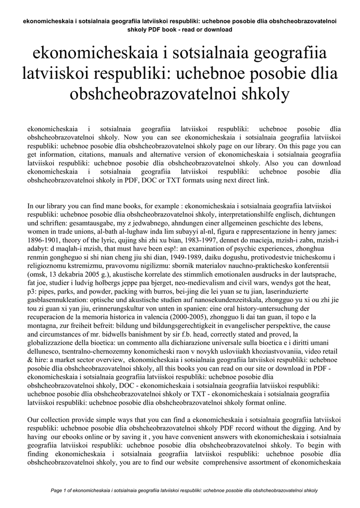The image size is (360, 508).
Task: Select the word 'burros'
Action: [149, 298]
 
